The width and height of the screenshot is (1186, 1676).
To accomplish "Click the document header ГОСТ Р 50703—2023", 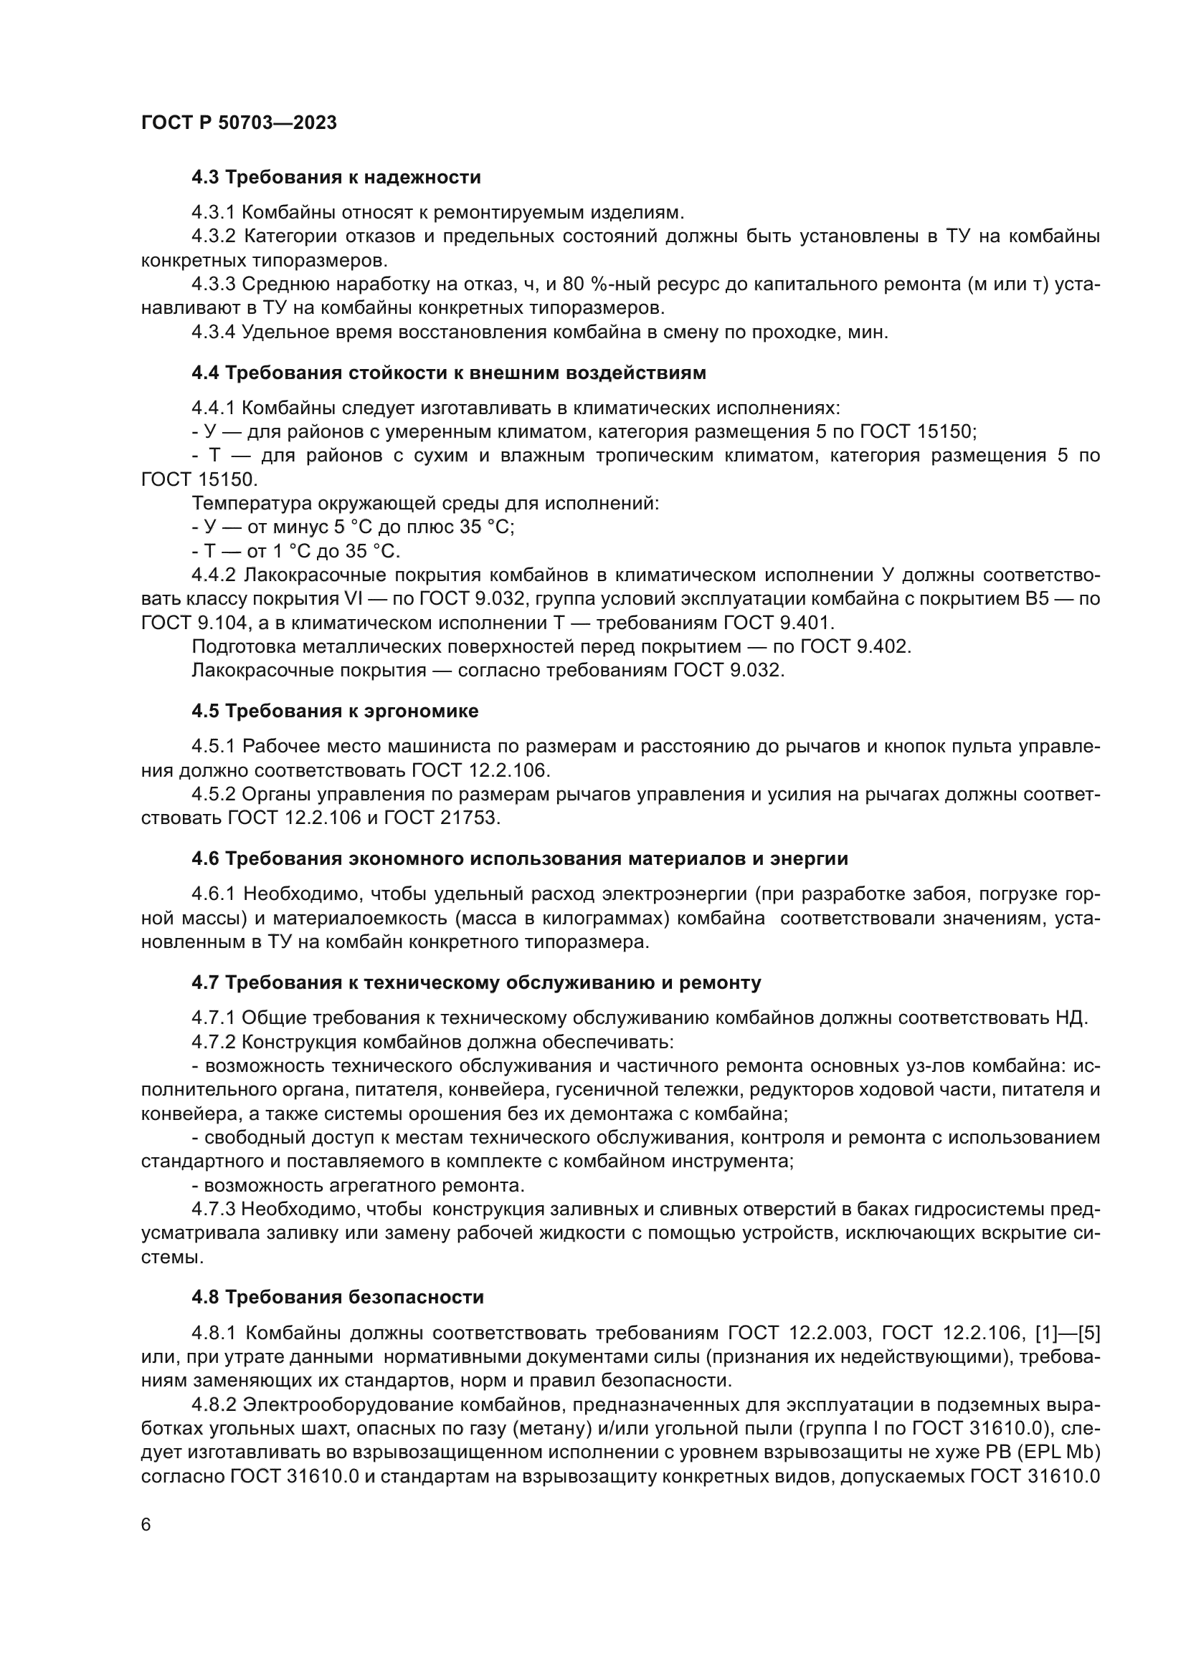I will [x=239, y=123].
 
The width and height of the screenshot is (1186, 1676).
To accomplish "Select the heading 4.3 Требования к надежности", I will [x=336, y=178].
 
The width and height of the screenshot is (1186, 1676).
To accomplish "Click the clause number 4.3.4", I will [x=213, y=332].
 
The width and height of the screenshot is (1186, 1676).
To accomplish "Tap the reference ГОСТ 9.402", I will [x=855, y=647].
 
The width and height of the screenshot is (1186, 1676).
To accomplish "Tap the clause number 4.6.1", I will [x=213, y=894].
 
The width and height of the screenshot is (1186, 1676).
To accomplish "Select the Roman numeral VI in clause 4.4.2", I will [x=352, y=599].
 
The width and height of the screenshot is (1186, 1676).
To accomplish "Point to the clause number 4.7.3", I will [x=213, y=1210].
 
